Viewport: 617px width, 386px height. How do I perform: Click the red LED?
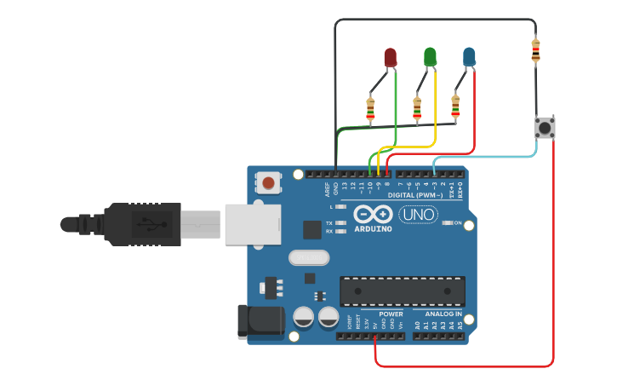tap(390, 57)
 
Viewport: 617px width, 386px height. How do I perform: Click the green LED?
tap(430, 57)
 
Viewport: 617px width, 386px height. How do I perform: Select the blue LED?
tap(469, 57)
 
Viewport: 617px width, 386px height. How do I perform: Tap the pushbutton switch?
tap(545, 129)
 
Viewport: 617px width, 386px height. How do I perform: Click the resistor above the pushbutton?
tap(535, 51)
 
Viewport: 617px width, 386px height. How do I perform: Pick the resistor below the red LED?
tap(370, 109)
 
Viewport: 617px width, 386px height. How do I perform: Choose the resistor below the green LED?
tap(417, 107)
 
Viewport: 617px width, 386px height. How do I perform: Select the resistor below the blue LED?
tap(455, 107)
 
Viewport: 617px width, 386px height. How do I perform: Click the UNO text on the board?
tap(418, 215)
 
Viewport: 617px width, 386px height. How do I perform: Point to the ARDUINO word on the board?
tap(373, 228)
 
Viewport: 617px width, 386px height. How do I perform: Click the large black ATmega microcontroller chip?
tap(403, 291)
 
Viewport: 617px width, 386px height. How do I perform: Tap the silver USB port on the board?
tap(252, 223)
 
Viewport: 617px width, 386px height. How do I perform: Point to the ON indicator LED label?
tap(458, 223)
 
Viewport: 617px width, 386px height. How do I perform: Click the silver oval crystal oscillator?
tap(307, 257)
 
